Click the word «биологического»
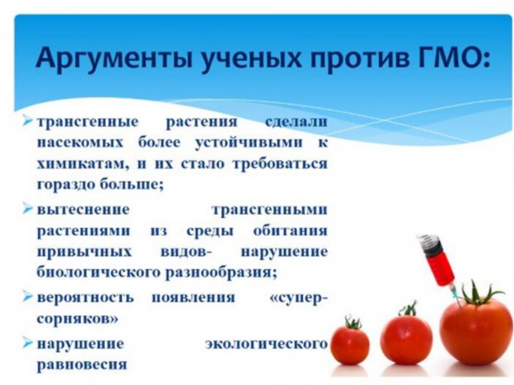coord(90,272)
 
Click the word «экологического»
coord(266,343)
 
